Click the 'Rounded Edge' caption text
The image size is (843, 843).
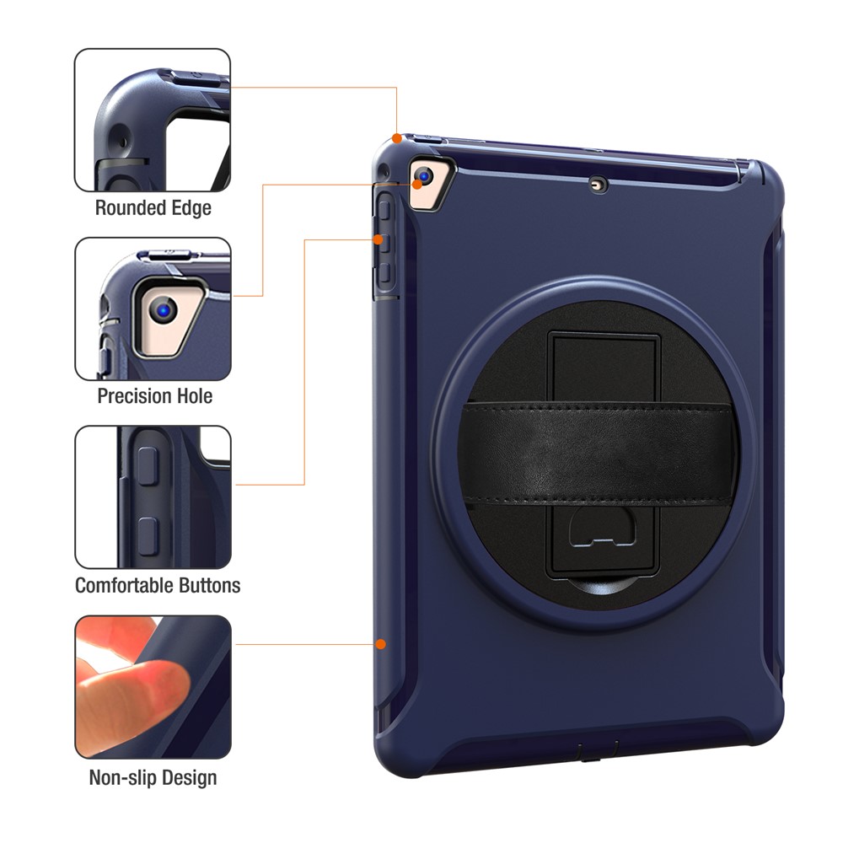(153, 207)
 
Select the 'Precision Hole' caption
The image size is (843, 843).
(154, 395)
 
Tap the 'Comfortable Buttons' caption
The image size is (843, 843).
(158, 585)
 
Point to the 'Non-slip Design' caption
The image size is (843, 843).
(153, 777)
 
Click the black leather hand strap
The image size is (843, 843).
(600, 454)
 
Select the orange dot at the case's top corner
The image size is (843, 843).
(397, 137)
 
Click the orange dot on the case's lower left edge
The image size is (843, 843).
(381, 644)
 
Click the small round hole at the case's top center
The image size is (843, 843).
(599, 185)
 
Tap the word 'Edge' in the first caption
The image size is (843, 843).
(190, 207)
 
